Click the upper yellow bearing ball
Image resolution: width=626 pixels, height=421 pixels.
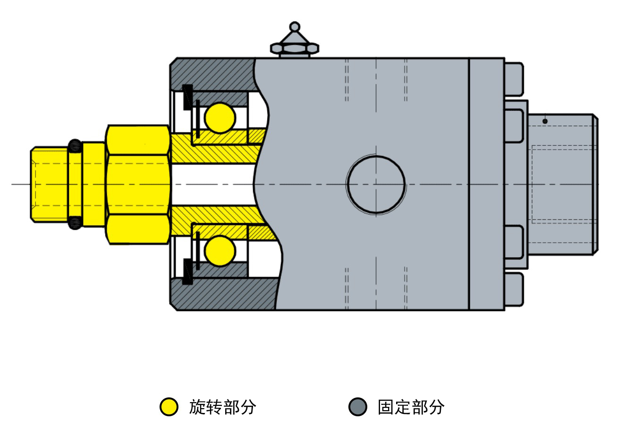click(220, 118)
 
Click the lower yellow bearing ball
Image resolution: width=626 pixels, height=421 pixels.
click(220, 251)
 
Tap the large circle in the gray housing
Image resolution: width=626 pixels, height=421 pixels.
click(376, 185)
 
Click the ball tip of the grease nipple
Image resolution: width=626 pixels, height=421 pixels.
click(295, 26)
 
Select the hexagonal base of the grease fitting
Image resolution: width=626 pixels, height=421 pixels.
click(295, 48)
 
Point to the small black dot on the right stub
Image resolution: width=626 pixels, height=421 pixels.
click(545, 121)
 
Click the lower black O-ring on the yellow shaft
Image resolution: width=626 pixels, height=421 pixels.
click(75, 223)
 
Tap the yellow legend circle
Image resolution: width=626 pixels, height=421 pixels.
click(169, 406)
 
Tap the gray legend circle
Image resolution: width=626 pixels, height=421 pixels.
click(358, 406)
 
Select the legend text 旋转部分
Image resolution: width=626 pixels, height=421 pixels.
click(222, 407)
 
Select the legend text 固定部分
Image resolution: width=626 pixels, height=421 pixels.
click(411, 407)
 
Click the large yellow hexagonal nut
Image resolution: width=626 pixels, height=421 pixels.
click(138, 185)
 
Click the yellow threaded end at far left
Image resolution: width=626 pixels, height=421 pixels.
click(49, 185)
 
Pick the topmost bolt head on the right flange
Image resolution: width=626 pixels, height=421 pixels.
click(514, 79)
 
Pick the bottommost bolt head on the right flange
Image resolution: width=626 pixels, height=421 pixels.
click(514, 289)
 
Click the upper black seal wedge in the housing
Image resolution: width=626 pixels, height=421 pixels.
click(187, 97)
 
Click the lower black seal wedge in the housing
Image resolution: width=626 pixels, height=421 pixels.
click(187, 271)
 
